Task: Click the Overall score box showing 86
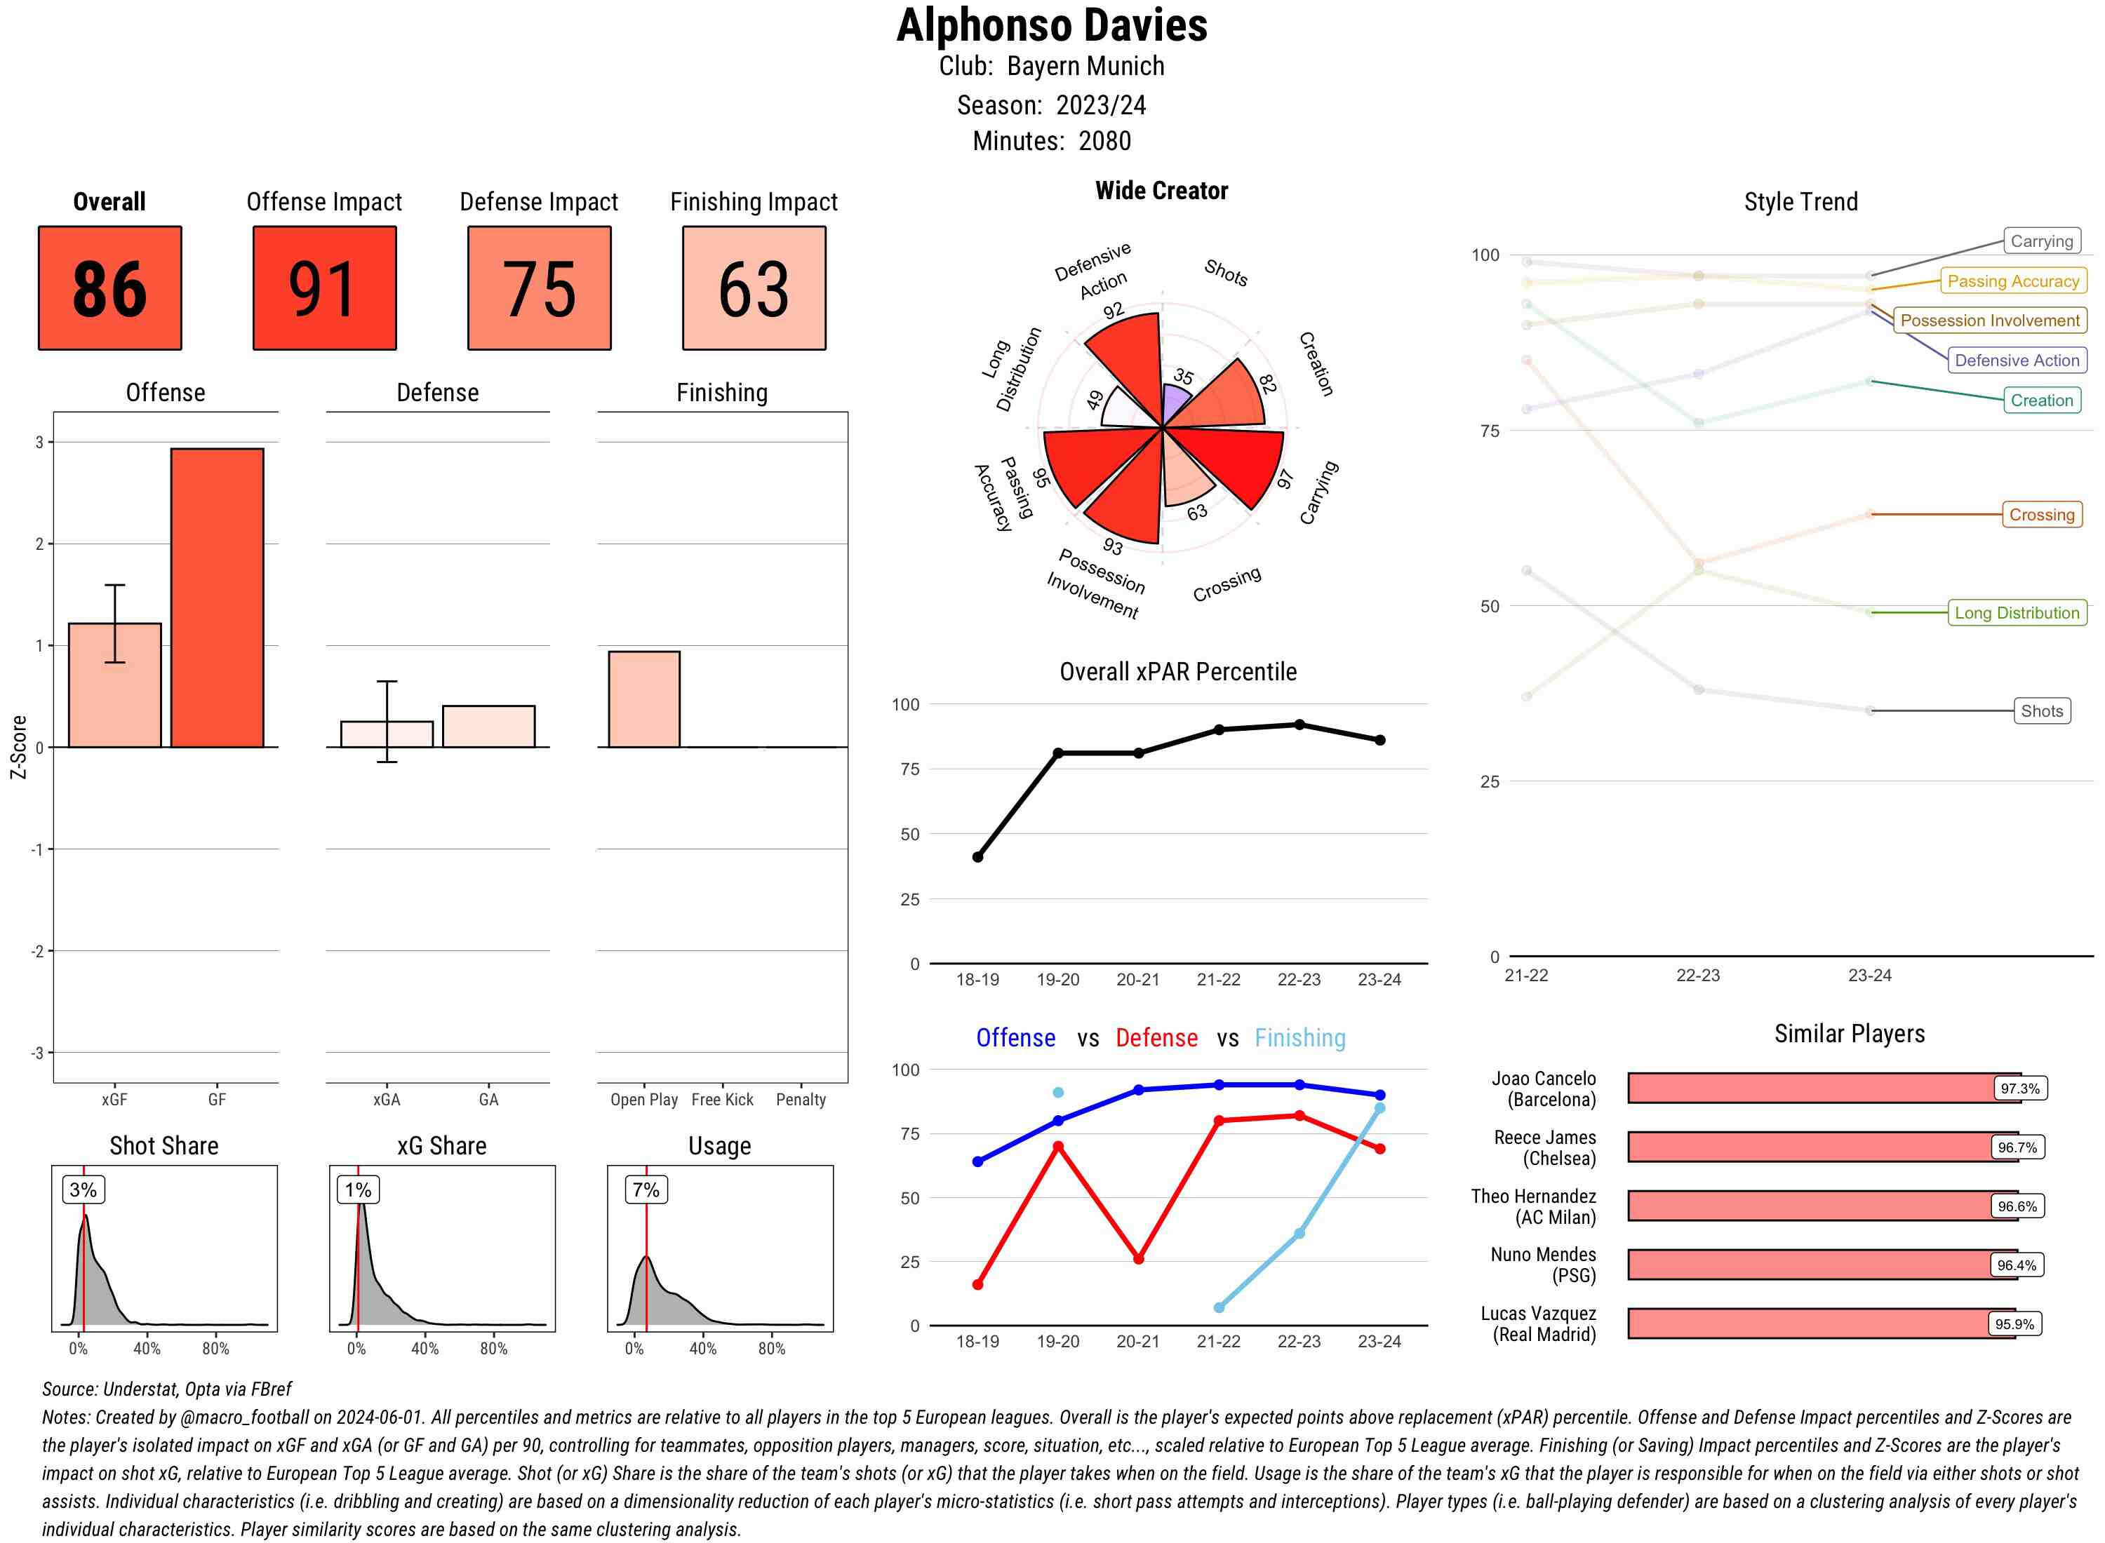pyautogui.click(x=109, y=288)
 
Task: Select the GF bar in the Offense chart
pyautogui.click(x=217, y=598)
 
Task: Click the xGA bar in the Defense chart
pyautogui.click(x=387, y=734)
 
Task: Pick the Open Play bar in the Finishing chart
pyautogui.click(x=643, y=699)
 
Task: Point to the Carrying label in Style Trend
pyautogui.click(x=2040, y=241)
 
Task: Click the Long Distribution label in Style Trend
pyautogui.click(x=2017, y=613)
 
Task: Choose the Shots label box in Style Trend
pyautogui.click(x=2040, y=710)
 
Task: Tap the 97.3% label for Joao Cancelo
pyautogui.click(x=2019, y=1088)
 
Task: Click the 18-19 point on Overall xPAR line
pyautogui.click(x=977, y=856)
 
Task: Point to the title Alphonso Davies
pyautogui.click(x=1051, y=26)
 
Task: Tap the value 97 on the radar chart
pyautogui.click(x=1285, y=479)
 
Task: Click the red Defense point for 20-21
pyautogui.click(x=1138, y=1259)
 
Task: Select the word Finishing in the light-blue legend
pyautogui.click(x=1299, y=1038)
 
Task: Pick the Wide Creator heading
pyautogui.click(x=1161, y=191)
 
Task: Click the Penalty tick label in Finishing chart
pyautogui.click(x=801, y=1099)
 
